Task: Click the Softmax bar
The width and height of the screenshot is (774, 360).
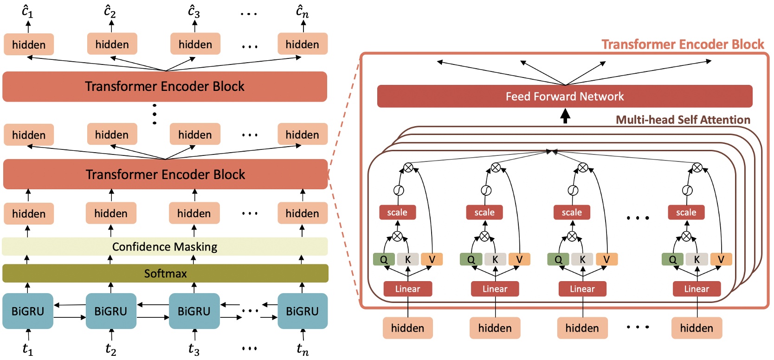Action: (165, 273)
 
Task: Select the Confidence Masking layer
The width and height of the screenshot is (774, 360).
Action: (165, 246)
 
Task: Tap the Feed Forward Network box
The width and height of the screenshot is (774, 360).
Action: (564, 96)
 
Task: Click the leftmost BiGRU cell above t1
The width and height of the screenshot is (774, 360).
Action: (28, 311)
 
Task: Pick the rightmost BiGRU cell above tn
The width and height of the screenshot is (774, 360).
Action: (302, 311)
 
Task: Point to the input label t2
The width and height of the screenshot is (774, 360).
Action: (110, 348)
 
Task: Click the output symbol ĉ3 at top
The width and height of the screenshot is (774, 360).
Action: (194, 11)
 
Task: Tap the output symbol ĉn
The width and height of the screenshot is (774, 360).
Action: (302, 11)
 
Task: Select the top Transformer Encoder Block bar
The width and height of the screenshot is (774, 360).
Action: (165, 86)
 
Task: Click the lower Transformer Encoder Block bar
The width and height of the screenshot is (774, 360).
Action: (165, 174)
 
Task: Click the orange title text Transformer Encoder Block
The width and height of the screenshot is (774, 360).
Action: (683, 44)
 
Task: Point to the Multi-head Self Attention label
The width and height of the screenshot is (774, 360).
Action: (683, 120)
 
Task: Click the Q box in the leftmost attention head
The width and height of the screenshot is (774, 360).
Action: (384, 259)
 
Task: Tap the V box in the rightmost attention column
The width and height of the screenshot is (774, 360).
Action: (721, 259)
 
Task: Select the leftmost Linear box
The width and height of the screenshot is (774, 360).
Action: (407, 289)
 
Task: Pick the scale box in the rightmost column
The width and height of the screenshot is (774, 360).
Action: (686, 212)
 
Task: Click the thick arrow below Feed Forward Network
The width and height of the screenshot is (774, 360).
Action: (565, 116)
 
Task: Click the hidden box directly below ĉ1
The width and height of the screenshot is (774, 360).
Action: (29, 45)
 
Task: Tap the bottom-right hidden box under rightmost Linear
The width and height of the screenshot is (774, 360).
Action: (697, 328)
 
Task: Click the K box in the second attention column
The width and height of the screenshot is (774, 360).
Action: (495, 259)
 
